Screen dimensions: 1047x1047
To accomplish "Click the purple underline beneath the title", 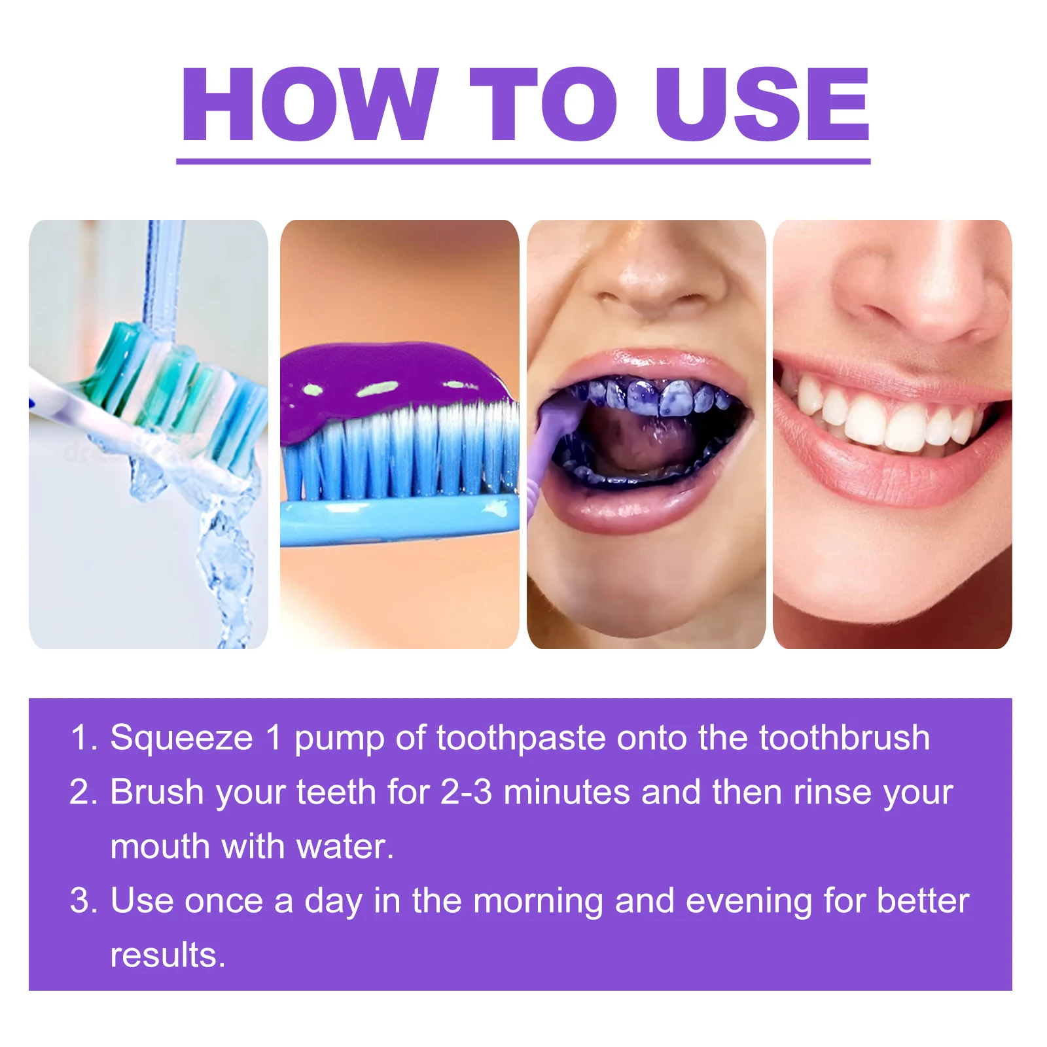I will pyautogui.click(x=523, y=161).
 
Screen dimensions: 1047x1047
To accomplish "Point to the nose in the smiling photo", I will pyautogui.click(x=916, y=288).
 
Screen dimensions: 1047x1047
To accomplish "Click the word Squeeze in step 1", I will pyautogui.click(x=181, y=738).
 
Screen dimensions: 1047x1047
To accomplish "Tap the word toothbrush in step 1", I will pyautogui.click(x=844, y=738).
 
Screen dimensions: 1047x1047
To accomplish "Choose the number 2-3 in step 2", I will pyautogui.click(x=466, y=792).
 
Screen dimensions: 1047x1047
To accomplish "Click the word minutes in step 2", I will pyautogui.click(x=567, y=792).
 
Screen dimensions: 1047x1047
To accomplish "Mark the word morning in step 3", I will pyautogui.click(x=538, y=902).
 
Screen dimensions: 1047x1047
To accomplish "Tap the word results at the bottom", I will pyautogui.click(x=167, y=955).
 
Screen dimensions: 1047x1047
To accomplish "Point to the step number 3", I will pyautogui.click(x=82, y=901).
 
